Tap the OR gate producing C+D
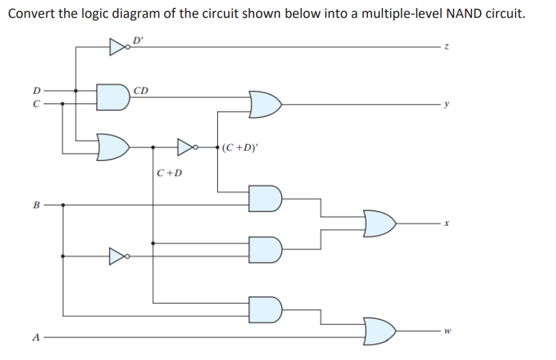(113, 146)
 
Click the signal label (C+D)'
(240, 147)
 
